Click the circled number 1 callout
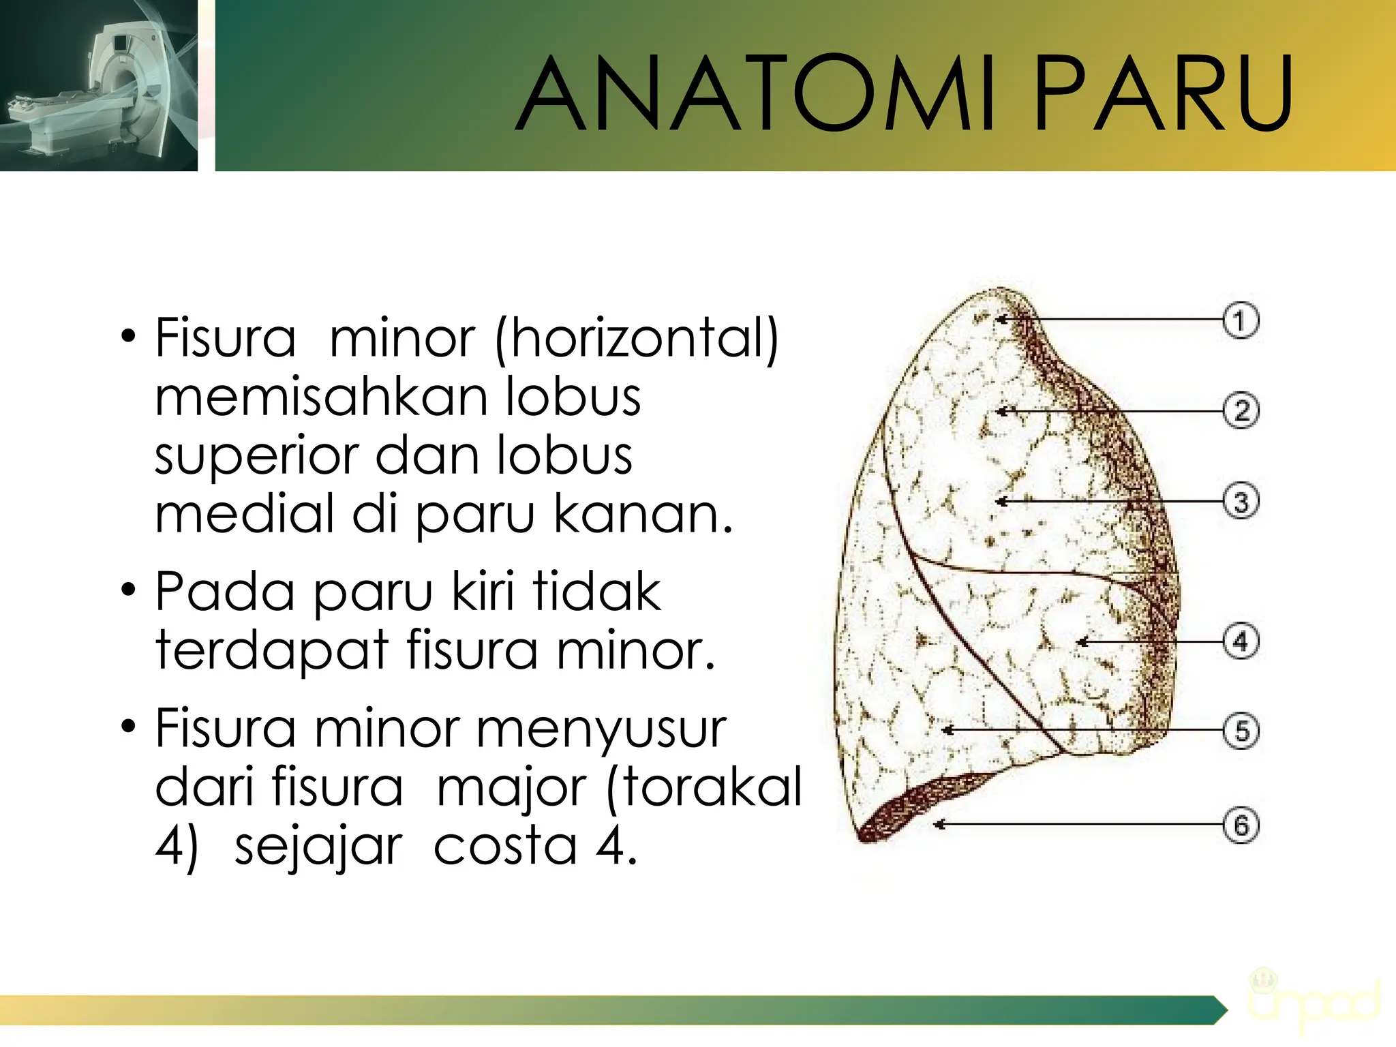point(1240,320)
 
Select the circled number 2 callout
point(1241,411)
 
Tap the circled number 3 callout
point(1241,502)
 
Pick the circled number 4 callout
point(1241,642)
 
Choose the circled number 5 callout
point(1241,731)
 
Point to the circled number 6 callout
point(1241,825)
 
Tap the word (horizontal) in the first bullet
point(637,339)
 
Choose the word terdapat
point(272,652)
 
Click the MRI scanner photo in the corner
point(99,85)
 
